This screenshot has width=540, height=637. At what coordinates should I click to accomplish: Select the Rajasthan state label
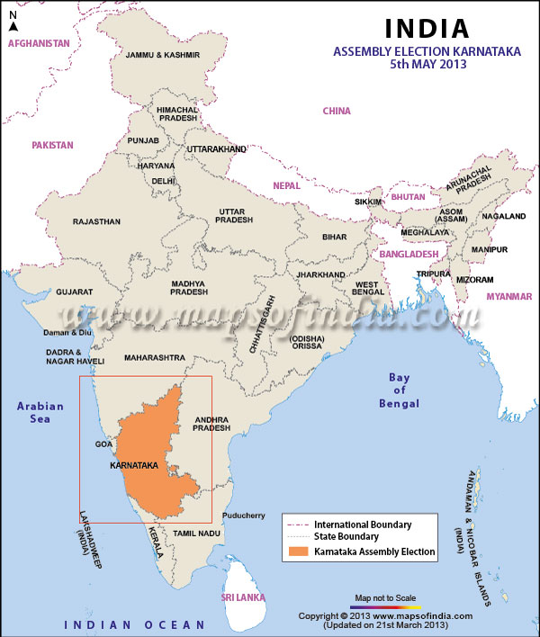96,221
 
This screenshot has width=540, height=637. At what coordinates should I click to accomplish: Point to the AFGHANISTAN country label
38,43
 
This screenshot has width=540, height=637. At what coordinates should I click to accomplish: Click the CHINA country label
337,111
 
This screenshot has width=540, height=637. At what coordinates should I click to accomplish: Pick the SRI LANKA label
244,597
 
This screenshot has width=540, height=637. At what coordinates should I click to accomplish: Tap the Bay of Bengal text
397,390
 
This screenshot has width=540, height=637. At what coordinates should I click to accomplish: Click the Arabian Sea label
40,412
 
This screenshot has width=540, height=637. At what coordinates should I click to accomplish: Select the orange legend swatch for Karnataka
298,552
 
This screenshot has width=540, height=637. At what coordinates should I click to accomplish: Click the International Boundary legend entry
362,524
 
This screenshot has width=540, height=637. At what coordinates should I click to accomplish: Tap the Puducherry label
243,516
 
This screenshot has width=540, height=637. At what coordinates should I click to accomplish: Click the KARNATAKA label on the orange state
133,466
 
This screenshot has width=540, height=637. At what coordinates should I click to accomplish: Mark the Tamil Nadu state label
197,534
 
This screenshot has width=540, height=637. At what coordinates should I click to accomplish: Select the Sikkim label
369,202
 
